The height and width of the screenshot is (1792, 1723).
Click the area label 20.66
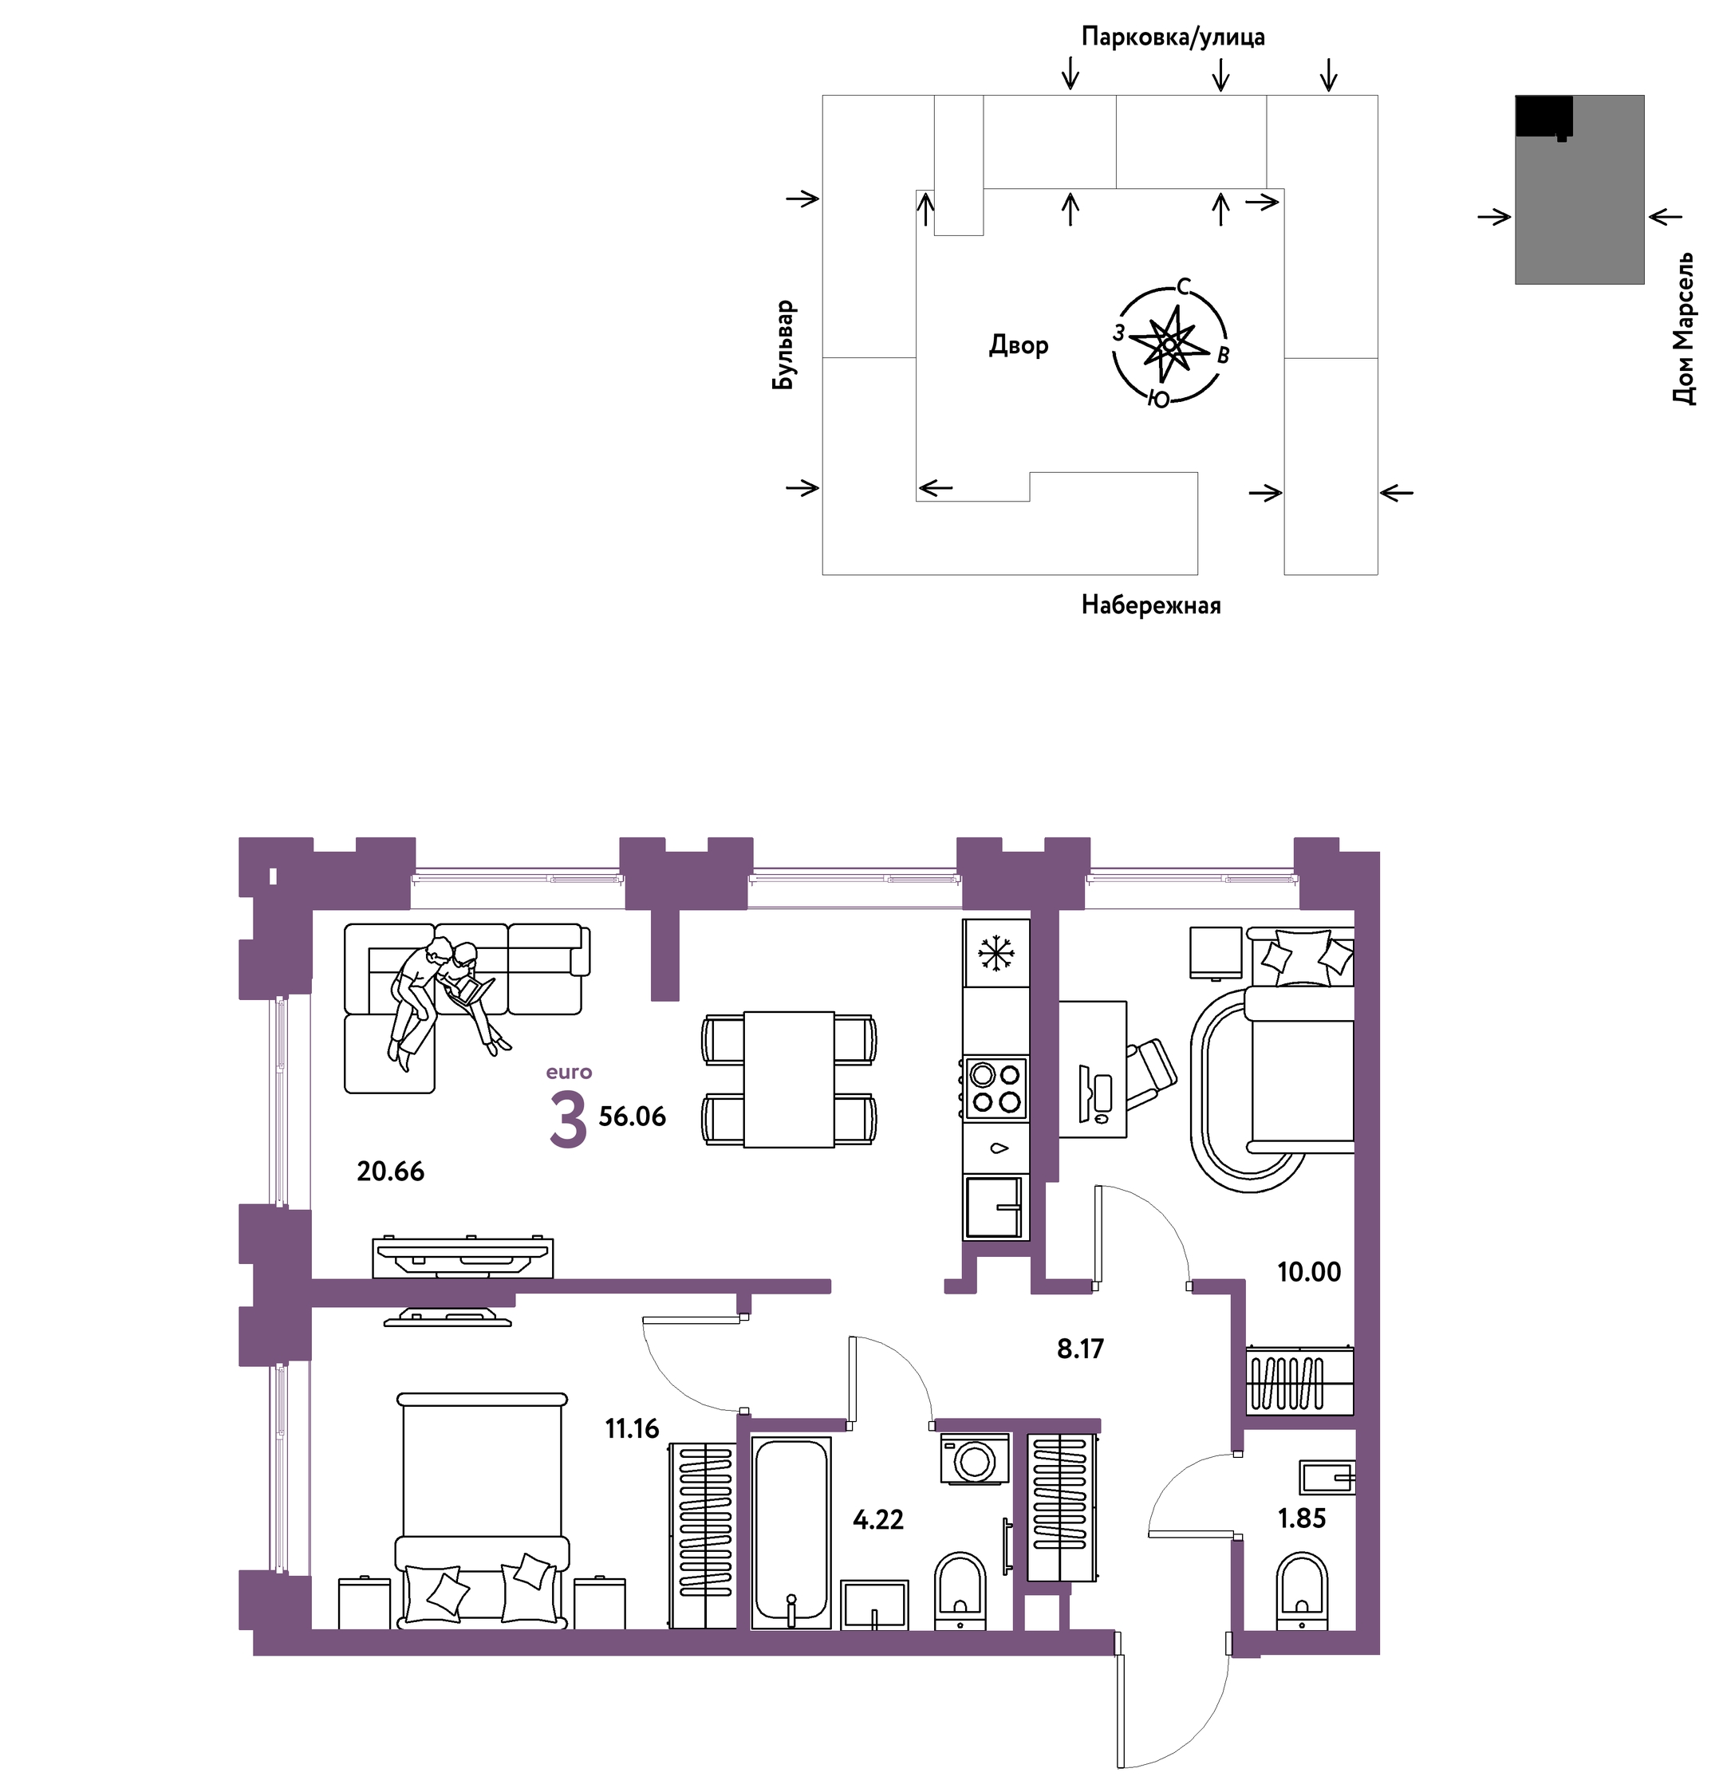tap(391, 1172)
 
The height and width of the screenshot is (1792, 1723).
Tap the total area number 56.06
tap(632, 1117)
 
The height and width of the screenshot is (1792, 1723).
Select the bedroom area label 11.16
tap(632, 1428)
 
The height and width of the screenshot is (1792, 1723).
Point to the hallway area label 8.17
tap(1080, 1349)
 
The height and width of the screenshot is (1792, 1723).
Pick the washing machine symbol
tap(975, 1459)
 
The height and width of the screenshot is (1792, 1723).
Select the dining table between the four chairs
tap(788, 1080)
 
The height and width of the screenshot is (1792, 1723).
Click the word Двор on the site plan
tap(1018, 345)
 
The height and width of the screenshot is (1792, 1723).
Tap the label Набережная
tap(1150, 605)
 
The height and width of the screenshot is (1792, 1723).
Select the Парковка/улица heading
tap(1173, 37)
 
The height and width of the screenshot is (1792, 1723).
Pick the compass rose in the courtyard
tap(1169, 344)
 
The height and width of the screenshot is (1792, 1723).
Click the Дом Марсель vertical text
tap(1683, 329)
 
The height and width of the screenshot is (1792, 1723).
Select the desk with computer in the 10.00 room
tap(1093, 1069)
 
